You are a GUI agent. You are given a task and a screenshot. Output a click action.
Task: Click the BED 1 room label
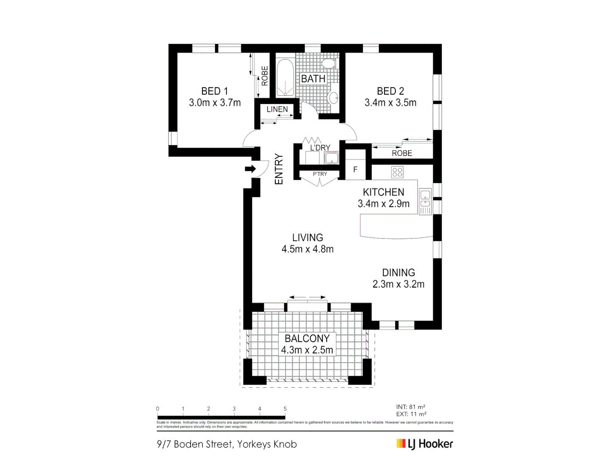[214, 91]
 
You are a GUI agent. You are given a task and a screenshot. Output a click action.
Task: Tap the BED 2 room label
[390, 91]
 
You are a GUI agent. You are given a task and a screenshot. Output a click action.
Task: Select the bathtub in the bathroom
[285, 78]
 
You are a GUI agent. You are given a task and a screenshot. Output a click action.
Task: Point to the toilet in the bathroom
[328, 64]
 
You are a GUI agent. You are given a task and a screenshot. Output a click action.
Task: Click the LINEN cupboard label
[277, 109]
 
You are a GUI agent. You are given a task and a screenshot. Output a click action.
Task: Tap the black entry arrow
[250, 169]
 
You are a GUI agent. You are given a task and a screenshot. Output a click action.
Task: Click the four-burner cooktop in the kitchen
[397, 172]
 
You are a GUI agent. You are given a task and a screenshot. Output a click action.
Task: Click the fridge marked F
[355, 170]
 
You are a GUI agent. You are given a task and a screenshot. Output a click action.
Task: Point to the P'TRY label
[320, 174]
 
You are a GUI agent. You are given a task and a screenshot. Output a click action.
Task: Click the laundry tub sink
[331, 159]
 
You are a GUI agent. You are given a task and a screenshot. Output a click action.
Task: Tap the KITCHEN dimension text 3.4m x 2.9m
[384, 204]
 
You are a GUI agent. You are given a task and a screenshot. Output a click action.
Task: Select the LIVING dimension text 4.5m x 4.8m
[308, 249]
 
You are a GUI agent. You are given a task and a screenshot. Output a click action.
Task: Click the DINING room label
[398, 273]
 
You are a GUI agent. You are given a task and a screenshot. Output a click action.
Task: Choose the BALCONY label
[307, 338]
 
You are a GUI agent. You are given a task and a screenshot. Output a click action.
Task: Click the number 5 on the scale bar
[285, 409]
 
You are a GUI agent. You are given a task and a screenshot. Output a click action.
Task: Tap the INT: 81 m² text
[411, 407]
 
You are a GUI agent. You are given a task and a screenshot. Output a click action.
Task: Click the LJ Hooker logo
[425, 444]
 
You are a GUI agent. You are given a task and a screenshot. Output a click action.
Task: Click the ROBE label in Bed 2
[402, 153]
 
